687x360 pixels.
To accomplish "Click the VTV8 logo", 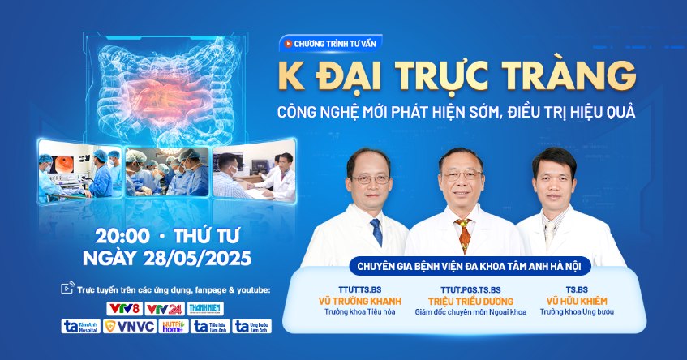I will tap(123, 309).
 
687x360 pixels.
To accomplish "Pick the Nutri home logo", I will tap(173, 327).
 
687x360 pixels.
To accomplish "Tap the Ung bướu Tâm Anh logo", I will tap(252, 327).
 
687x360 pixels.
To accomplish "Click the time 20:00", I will tap(122, 237).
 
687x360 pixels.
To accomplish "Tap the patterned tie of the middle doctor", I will tap(466, 235).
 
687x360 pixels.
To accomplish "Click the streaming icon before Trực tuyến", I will tap(67, 289).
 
